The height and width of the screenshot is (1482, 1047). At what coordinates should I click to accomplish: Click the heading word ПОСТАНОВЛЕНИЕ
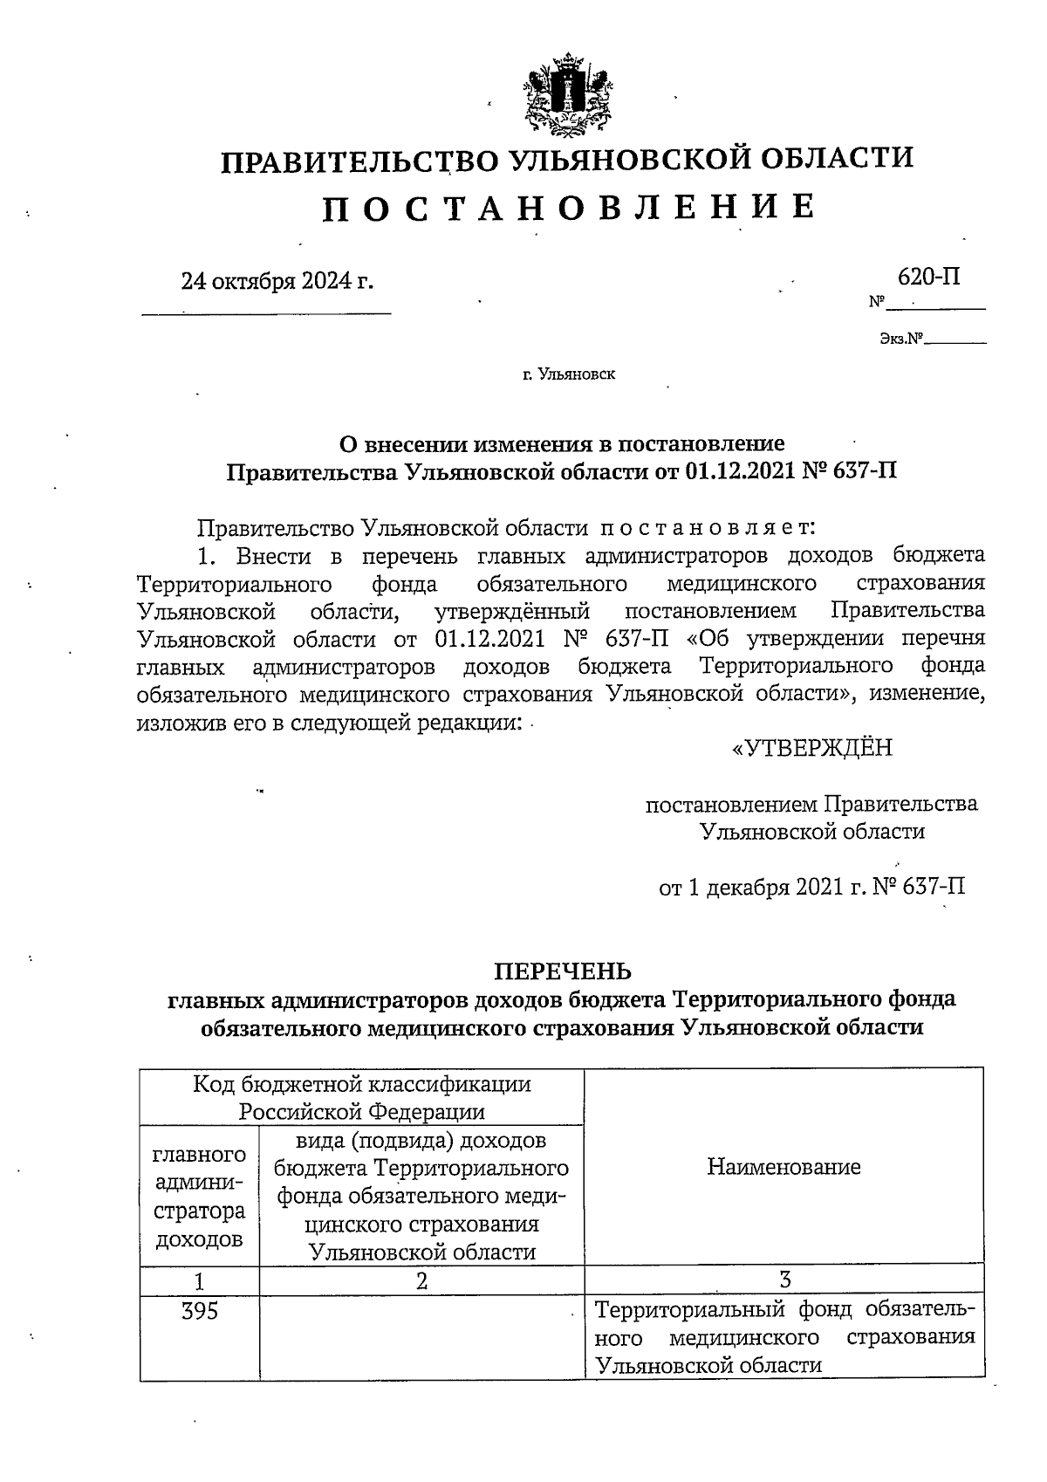[x=569, y=208]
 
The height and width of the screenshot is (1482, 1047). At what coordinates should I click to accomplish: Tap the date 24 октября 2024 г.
[x=276, y=281]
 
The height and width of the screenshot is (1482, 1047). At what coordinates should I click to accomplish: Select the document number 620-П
[x=929, y=277]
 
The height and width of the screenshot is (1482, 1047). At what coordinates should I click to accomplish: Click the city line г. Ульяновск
[x=569, y=374]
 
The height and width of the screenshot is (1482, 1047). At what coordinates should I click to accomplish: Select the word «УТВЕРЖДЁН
[x=811, y=748]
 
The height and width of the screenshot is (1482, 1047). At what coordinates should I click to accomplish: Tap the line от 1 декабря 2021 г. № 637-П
[x=811, y=888]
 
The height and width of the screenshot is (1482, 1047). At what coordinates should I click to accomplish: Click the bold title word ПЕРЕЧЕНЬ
[x=563, y=971]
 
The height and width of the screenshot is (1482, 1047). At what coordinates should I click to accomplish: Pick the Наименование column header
[x=784, y=1167]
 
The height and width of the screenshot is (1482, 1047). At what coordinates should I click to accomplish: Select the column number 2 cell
[x=422, y=1280]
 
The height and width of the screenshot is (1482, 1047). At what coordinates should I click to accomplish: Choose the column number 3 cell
[x=784, y=1280]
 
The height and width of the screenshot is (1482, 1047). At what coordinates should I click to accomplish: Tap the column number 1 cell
[x=200, y=1280]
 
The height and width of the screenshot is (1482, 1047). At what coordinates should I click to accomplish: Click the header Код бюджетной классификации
[x=361, y=1084]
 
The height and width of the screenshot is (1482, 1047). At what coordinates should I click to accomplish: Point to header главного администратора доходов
[x=200, y=1196]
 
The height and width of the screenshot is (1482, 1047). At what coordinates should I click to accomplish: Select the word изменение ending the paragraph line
[x=927, y=694]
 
